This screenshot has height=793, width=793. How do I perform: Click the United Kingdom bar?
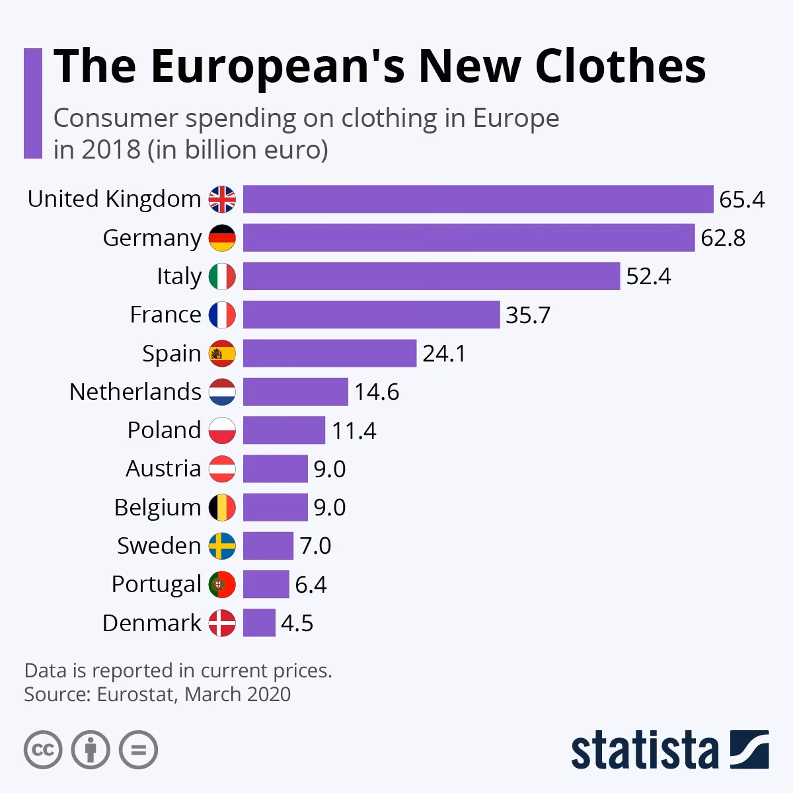(x=478, y=199)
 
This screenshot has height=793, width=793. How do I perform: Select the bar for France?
(x=371, y=315)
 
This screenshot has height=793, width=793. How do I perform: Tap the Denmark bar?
(x=259, y=623)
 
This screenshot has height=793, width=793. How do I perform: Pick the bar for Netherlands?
(x=295, y=392)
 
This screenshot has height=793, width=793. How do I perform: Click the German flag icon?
(x=222, y=238)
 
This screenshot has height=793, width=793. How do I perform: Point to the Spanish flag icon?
(x=222, y=354)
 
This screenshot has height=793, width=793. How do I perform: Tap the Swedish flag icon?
(x=222, y=546)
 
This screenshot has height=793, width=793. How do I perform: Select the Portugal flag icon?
(x=222, y=584)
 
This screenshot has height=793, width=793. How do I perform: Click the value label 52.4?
(x=648, y=276)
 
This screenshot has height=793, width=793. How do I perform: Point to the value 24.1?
(x=444, y=354)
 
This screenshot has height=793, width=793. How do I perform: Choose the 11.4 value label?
(x=354, y=431)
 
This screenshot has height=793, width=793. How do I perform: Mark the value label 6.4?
(x=311, y=585)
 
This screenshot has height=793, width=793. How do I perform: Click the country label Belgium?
(x=157, y=508)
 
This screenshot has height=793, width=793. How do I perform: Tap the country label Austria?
(x=163, y=469)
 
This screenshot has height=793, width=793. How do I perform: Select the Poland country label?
(x=164, y=430)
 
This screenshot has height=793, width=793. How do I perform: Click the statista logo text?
(x=645, y=751)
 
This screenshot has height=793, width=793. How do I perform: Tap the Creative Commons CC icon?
(x=43, y=749)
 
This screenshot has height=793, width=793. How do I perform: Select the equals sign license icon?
(x=138, y=749)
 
